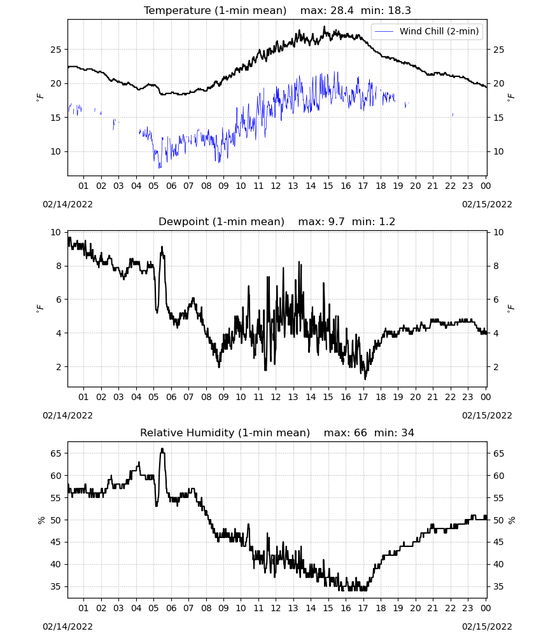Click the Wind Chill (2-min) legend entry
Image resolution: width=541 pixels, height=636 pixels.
[x=427, y=31]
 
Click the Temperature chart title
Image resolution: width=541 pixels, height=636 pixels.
[x=215, y=10]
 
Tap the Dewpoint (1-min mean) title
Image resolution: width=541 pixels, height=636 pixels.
[x=221, y=221]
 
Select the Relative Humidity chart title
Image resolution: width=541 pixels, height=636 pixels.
[x=225, y=432]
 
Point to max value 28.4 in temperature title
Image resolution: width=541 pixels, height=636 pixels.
[x=342, y=10]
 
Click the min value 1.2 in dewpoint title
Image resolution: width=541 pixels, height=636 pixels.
[x=387, y=221]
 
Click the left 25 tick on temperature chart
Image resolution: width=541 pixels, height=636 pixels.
[x=55, y=50]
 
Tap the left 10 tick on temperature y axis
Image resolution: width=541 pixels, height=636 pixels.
[x=55, y=152]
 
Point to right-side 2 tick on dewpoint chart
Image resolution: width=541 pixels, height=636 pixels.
[x=496, y=367]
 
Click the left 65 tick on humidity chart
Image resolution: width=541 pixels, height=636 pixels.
[x=55, y=453]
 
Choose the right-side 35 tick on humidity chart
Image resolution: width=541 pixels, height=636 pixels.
[x=498, y=586]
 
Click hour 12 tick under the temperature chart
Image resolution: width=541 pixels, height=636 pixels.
[x=276, y=186]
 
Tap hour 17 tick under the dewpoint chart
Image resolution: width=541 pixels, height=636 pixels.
[x=363, y=397]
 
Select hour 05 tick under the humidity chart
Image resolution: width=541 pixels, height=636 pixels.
[x=153, y=608]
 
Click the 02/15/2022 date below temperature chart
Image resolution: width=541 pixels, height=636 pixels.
[x=487, y=204]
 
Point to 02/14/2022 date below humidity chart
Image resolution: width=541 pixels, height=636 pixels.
[x=67, y=626]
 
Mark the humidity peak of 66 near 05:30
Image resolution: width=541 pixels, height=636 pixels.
[x=162, y=448]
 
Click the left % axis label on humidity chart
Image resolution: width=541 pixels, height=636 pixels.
[x=41, y=520]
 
